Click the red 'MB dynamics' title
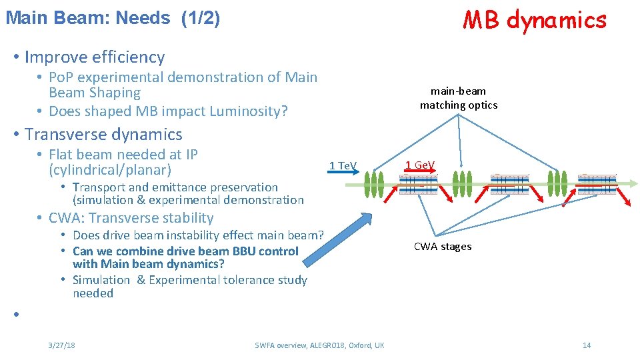tap(535, 20)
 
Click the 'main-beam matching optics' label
tap(458, 98)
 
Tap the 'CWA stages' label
tap(442, 247)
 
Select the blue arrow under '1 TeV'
tap(343, 172)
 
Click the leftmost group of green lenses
tap(374, 183)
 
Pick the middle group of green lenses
tap(463, 183)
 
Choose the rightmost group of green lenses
tap(557, 183)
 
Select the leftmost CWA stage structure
tap(419, 184)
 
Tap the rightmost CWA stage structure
tap(597, 184)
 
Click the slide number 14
tap(587, 345)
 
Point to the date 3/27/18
tap(61, 345)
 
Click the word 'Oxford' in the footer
tap(356, 345)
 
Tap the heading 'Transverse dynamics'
tap(103, 135)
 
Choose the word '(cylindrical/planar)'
tap(110, 170)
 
